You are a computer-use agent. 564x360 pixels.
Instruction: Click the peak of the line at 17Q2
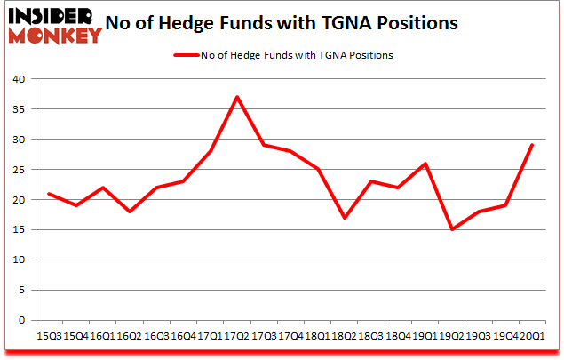click(238, 97)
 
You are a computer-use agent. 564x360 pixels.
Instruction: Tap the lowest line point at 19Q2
click(453, 229)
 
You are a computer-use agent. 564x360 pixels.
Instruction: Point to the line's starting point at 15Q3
click(49, 193)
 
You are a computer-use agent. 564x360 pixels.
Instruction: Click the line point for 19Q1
click(426, 164)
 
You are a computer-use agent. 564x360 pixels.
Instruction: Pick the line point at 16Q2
click(130, 212)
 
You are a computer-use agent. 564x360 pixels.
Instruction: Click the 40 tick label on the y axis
click(19, 79)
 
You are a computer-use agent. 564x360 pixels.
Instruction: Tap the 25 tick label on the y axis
click(19, 170)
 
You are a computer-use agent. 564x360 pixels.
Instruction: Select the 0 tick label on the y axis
click(22, 320)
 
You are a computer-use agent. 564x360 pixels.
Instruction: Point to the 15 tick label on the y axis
click(19, 230)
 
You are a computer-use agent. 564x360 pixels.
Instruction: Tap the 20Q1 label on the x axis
click(531, 338)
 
